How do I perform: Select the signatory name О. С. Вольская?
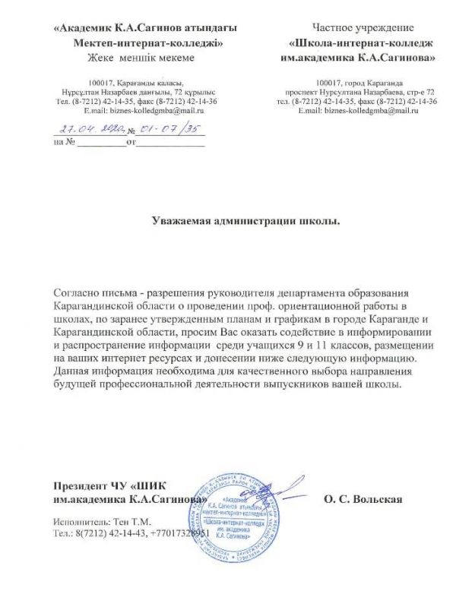362,499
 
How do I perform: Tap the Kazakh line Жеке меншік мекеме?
141,57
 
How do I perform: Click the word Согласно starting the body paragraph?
79,293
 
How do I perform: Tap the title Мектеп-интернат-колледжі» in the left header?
147,43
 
